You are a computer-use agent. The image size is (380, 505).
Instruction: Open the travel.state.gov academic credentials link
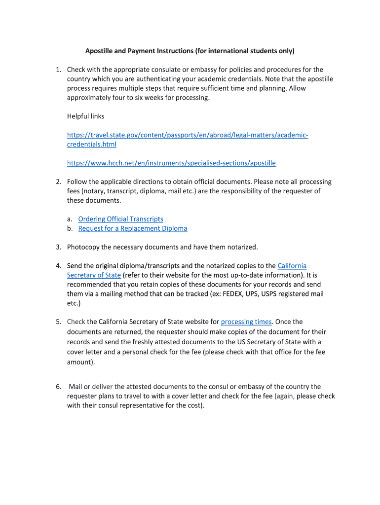[188, 135]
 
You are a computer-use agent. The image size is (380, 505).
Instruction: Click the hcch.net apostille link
[171, 163]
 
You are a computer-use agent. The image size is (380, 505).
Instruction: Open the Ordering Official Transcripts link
[120, 219]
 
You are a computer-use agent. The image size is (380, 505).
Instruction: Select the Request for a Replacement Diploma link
[133, 228]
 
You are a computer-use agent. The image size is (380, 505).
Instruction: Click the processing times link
[246, 322]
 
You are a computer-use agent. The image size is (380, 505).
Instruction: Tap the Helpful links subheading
[85, 116]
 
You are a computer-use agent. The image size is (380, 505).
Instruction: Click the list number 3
[58, 247]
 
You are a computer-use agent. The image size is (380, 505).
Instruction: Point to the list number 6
[58, 387]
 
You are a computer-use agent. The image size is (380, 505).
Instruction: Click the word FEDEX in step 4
[262, 294]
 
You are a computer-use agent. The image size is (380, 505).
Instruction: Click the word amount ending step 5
[79, 361]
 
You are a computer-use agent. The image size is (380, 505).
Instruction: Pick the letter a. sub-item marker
[70, 219]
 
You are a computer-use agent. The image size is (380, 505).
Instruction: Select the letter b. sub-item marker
[70, 228]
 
